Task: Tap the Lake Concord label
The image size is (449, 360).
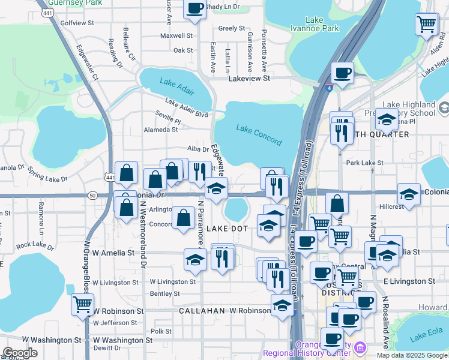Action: coord(259,135)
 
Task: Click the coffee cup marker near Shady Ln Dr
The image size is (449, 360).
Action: coord(194,9)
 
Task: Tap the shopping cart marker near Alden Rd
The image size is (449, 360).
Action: coord(426,25)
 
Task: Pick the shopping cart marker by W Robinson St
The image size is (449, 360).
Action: coord(82,304)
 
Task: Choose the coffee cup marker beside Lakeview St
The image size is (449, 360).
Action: coord(342,73)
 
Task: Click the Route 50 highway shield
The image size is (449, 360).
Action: coord(92,195)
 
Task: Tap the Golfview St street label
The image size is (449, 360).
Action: coord(74,23)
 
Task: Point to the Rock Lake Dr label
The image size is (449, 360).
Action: coord(35,245)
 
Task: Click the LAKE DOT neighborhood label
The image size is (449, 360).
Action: coord(227,229)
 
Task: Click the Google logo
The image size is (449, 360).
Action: coord(20,353)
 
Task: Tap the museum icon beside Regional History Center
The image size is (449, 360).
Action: coord(360,347)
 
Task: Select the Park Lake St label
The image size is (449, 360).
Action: coord(364,163)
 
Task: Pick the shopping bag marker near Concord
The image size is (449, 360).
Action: coord(183,218)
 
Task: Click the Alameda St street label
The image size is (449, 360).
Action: coord(161,129)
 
